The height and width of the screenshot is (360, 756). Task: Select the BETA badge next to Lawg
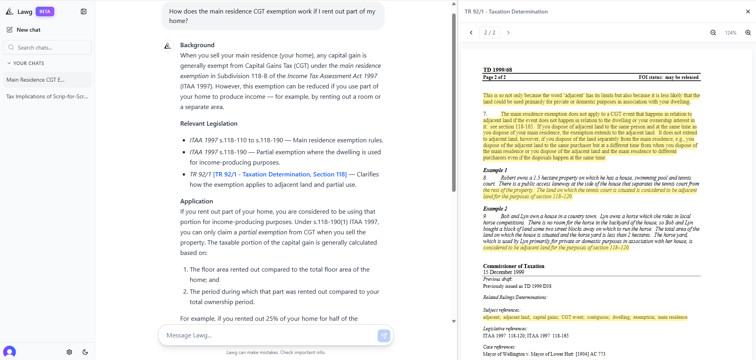[45, 11]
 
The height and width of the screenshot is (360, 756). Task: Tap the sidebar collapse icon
[84, 11]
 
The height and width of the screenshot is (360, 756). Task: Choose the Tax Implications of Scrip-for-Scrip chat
[47, 96]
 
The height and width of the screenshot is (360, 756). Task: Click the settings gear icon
[69, 352]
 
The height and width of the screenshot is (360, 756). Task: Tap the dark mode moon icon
[85, 352]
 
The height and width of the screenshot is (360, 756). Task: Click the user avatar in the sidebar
[10, 352]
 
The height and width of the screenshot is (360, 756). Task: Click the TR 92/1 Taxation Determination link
[280, 174]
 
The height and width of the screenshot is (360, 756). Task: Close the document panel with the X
[748, 11]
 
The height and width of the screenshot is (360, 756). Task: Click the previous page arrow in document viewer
[471, 33]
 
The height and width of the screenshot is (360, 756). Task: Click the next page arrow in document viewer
[508, 33]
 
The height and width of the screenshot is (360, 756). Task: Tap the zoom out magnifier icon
[713, 33]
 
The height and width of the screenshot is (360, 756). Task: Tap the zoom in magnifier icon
[748, 33]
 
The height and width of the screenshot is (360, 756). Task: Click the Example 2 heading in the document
[495, 209]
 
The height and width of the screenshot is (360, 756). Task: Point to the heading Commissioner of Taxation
[514, 266]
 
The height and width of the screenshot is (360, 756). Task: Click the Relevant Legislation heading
[209, 124]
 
